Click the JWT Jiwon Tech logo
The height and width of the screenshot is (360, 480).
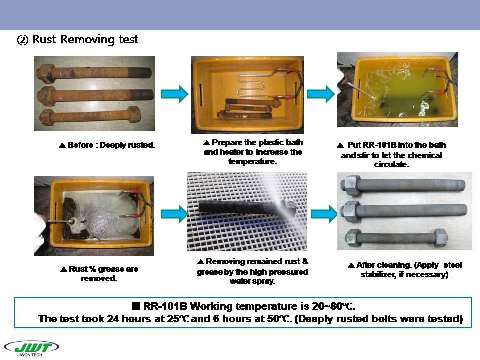pyautogui.click(x=32, y=348)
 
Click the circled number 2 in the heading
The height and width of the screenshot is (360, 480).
pyautogui.click(x=23, y=40)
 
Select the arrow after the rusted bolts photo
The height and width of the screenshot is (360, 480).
pyautogui.click(x=174, y=94)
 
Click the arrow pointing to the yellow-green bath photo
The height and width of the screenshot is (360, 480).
pyautogui.click(x=321, y=94)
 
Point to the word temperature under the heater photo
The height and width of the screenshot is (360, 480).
pyautogui.click(x=252, y=161)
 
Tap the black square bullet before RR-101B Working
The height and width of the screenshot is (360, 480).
pyautogui.click(x=136, y=306)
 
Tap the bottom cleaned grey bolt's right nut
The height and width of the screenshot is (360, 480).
pyautogui.click(x=440, y=237)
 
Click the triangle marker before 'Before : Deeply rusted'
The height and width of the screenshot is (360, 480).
pyautogui.click(x=62, y=145)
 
